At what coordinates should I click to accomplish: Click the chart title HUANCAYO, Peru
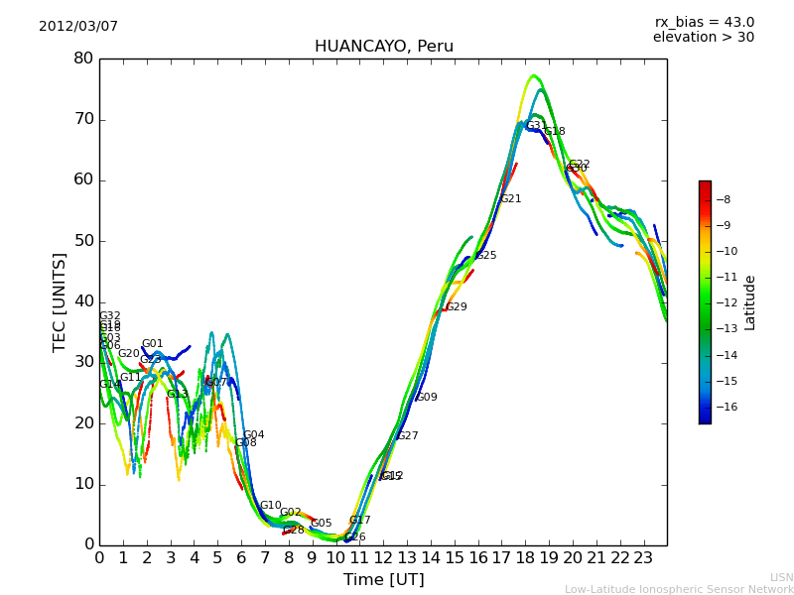tap(383, 47)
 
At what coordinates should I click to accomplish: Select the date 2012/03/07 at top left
tap(78, 26)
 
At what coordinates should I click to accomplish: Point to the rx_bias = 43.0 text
tap(704, 22)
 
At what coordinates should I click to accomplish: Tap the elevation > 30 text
tap(703, 37)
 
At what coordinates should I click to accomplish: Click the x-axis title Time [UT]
tap(383, 579)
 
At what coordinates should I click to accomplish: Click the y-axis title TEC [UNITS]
tap(60, 301)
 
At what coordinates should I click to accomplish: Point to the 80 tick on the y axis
tap(82, 59)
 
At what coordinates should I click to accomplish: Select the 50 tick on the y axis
tap(82, 241)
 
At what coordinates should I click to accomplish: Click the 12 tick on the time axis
tap(383, 558)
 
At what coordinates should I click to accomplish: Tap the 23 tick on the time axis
tap(643, 558)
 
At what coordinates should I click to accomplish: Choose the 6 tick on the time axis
tap(241, 558)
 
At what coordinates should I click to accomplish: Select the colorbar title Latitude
tap(750, 302)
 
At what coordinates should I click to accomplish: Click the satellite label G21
tap(510, 199)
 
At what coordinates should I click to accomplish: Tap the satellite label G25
tap(486, 256)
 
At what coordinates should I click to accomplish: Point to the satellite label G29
tap(456, 307)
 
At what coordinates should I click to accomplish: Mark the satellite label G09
tap(426, 398)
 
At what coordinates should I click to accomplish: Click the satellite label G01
tap(152, 344)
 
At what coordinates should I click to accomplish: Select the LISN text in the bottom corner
tap(781, 577)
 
